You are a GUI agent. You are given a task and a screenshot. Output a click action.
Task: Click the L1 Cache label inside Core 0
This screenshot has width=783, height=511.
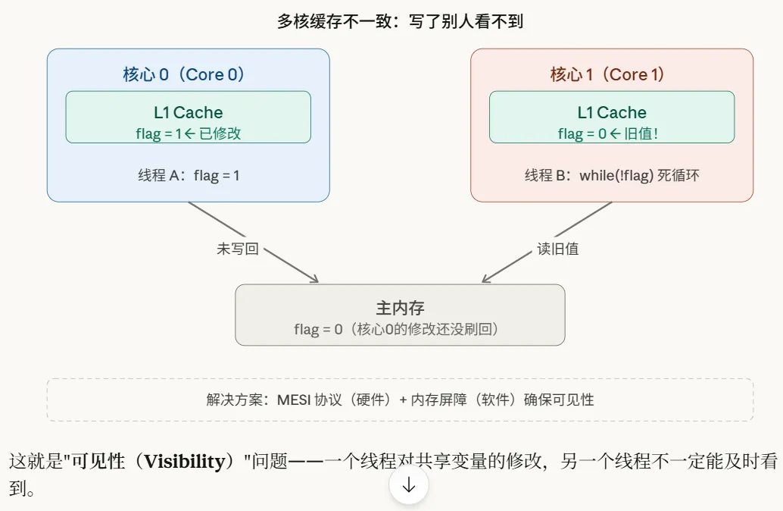[188, 113]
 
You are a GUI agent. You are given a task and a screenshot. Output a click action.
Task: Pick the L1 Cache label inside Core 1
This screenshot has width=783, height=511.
[612, 113]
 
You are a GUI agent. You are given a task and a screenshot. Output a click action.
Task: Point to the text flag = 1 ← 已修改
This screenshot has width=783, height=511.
[188, 134]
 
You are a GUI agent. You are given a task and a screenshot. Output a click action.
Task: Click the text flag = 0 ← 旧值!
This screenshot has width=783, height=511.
[612, 134]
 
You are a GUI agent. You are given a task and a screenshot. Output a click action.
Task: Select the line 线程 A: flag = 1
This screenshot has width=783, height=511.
[188, 176]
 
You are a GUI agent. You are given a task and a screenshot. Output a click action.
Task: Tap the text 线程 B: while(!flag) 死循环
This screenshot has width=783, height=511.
[612, 176]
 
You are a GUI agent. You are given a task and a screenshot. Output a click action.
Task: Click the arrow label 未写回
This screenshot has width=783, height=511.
[238, 249]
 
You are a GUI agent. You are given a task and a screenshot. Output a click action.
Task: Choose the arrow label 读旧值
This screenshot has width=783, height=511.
[558, 249]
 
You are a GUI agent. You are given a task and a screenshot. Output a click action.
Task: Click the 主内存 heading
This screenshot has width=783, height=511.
[400, 308]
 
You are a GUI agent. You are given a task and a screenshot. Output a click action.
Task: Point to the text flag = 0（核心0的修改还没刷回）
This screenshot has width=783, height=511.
[400, 330]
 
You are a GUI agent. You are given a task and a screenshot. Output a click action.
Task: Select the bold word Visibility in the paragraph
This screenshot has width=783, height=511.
[189, 462]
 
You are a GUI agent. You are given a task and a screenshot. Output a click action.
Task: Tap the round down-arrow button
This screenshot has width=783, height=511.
[409, 486]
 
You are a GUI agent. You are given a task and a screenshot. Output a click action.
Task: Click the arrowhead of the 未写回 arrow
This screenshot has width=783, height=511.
[316, 281]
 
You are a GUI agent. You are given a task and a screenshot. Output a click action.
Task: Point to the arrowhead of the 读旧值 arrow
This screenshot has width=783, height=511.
[485, 280]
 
